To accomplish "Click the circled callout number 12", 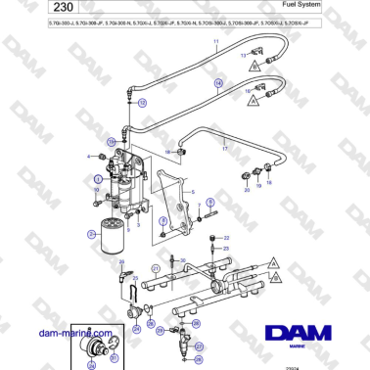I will pos(141,101).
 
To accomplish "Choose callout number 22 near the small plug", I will pos(226,237).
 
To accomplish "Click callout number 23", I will pos(226,250).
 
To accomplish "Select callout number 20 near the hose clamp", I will pos(247,191).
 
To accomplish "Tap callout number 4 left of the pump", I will pos(90,157).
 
